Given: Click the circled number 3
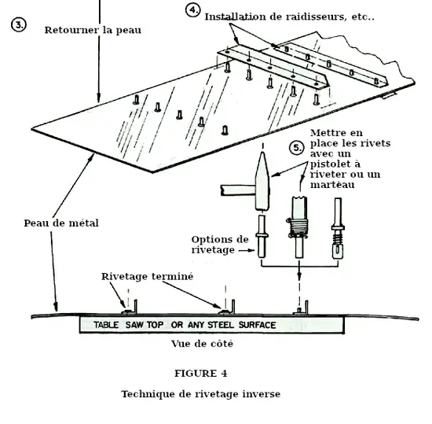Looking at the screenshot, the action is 19,25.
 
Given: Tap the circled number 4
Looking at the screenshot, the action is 193,10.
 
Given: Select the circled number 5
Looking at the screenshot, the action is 297,148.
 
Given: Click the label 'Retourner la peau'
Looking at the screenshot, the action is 93,30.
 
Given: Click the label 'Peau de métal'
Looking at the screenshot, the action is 61,223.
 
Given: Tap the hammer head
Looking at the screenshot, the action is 262,181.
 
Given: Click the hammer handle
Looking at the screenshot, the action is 238,190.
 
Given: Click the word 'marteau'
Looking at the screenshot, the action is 332,185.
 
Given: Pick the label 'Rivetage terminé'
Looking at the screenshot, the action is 148,276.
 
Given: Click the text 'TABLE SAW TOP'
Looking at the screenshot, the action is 128,325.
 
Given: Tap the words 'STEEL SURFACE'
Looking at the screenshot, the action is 242,325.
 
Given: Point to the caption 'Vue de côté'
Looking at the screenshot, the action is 202,344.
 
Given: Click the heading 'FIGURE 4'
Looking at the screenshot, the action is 201,373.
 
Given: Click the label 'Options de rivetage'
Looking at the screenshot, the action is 220,245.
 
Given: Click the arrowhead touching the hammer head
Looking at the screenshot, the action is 276,175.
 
